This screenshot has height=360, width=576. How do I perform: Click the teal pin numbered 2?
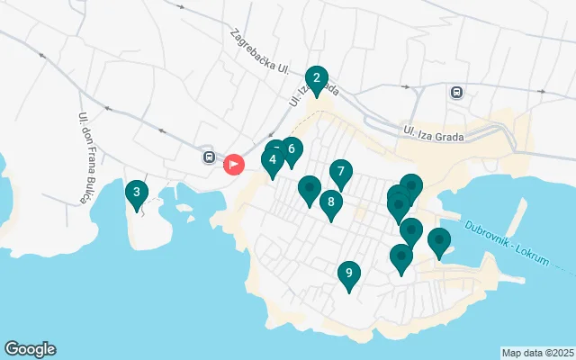click(316, 78)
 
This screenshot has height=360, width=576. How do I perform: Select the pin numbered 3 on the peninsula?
click(136, 192)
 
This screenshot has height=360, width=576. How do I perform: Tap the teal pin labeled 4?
click(272, 161)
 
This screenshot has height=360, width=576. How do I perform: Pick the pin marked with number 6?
click(291, 149)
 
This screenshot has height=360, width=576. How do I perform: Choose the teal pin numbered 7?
click(340, 170)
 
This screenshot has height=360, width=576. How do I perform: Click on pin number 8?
click(331, 202)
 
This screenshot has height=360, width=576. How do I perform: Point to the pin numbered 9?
click(348, 274)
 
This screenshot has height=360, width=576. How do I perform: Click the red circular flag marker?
click(234, 164)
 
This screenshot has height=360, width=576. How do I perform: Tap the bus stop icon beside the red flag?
click(209, 157)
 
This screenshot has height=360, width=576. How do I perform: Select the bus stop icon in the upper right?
click(457, 92)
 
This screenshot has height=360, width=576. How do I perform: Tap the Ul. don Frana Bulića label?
click(84, 157)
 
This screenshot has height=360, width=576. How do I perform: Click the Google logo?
click(30, 349)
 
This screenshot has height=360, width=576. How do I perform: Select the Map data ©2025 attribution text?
click(537, 353)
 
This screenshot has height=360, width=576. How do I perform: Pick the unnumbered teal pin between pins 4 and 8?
click(309, 188)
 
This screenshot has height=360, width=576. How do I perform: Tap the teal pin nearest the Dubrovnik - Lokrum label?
click(438, 240)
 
